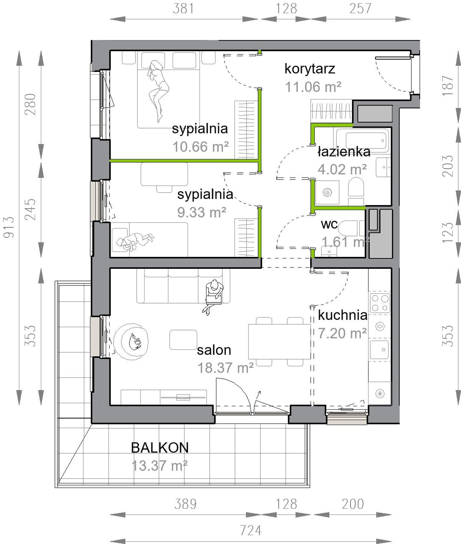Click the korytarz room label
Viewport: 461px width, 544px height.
point(310,69)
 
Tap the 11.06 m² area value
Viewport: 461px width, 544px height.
point(313,87)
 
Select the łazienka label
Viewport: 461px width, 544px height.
point(344,152)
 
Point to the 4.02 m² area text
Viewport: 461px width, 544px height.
point(342,169)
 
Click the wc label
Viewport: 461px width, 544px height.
point(329,224)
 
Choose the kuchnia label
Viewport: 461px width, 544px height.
point(343,315)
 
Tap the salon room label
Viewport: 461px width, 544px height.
point(214,350)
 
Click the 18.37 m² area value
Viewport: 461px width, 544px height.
point(226,368)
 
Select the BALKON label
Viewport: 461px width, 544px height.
point(160,448)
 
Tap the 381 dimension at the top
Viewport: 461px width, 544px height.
point(183,9)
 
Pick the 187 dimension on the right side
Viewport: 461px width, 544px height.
point(448,86)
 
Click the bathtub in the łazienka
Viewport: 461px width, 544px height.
point(366,141)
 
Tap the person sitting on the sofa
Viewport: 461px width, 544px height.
point(213,297)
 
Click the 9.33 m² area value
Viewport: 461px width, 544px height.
point(201,212)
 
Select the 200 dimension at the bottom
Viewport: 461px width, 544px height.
point(353,504)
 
